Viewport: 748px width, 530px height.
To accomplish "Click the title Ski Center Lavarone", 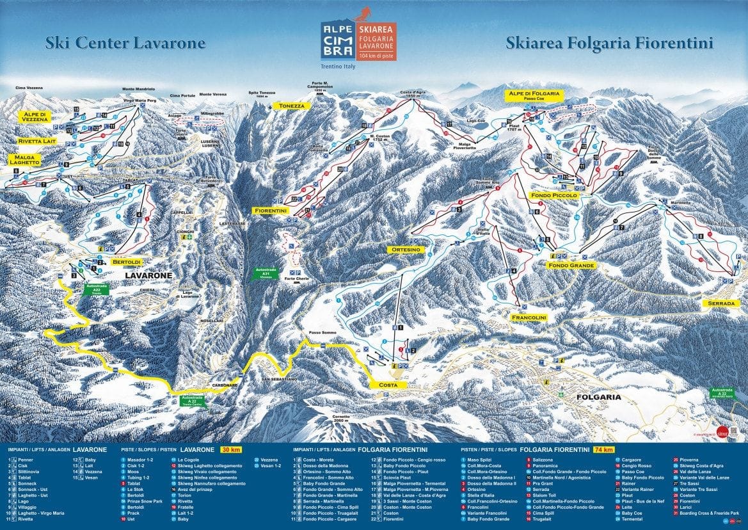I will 125,43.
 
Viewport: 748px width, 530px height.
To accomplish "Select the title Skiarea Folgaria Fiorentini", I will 609,43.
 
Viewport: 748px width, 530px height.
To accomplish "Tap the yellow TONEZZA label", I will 290,106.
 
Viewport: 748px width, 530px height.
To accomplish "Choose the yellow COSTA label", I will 388,385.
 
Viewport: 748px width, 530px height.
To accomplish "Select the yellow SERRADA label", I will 722,303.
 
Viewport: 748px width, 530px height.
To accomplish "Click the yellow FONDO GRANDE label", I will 571,265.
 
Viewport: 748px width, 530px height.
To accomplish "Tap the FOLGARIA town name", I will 599,397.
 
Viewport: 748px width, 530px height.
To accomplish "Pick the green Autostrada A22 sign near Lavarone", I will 97,289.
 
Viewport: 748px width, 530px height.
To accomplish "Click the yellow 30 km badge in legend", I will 230,450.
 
